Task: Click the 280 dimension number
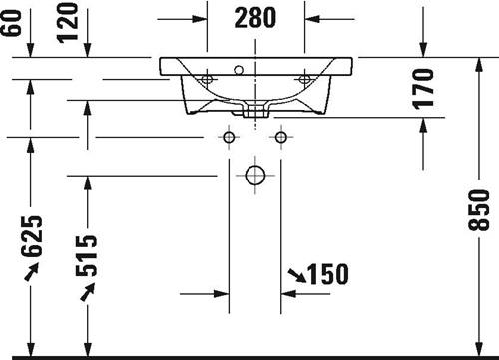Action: (x=255, y=18)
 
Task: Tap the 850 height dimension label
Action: (x=479, y=210)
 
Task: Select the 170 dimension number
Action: (x=423, y=89)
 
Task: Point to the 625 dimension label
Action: (x=32, y=236)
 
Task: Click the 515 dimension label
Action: (x=86, y=256)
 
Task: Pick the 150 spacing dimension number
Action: (x=328, y=274)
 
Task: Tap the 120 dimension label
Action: (x=68, y=23)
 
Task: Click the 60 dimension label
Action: (x=11, y=23)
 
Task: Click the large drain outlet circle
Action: (x=255, y=176)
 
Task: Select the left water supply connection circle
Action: (x=229, y=137)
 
